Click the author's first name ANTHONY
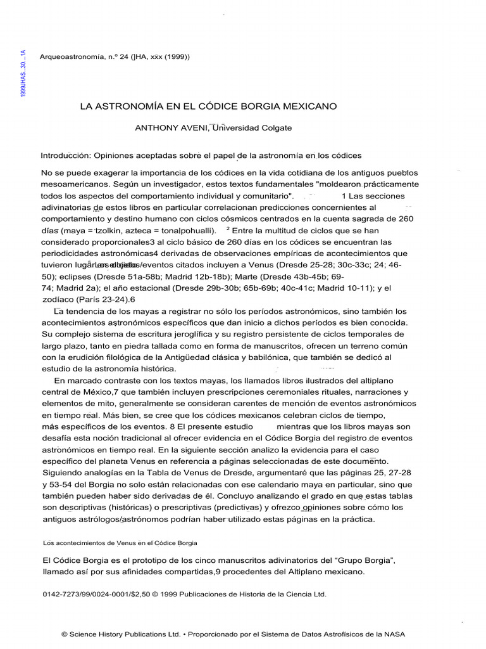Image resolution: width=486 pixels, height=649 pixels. pos(157,127)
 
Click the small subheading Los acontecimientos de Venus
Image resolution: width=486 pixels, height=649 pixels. pos(120,543)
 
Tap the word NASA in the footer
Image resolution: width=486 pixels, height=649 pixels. pos(392,633)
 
